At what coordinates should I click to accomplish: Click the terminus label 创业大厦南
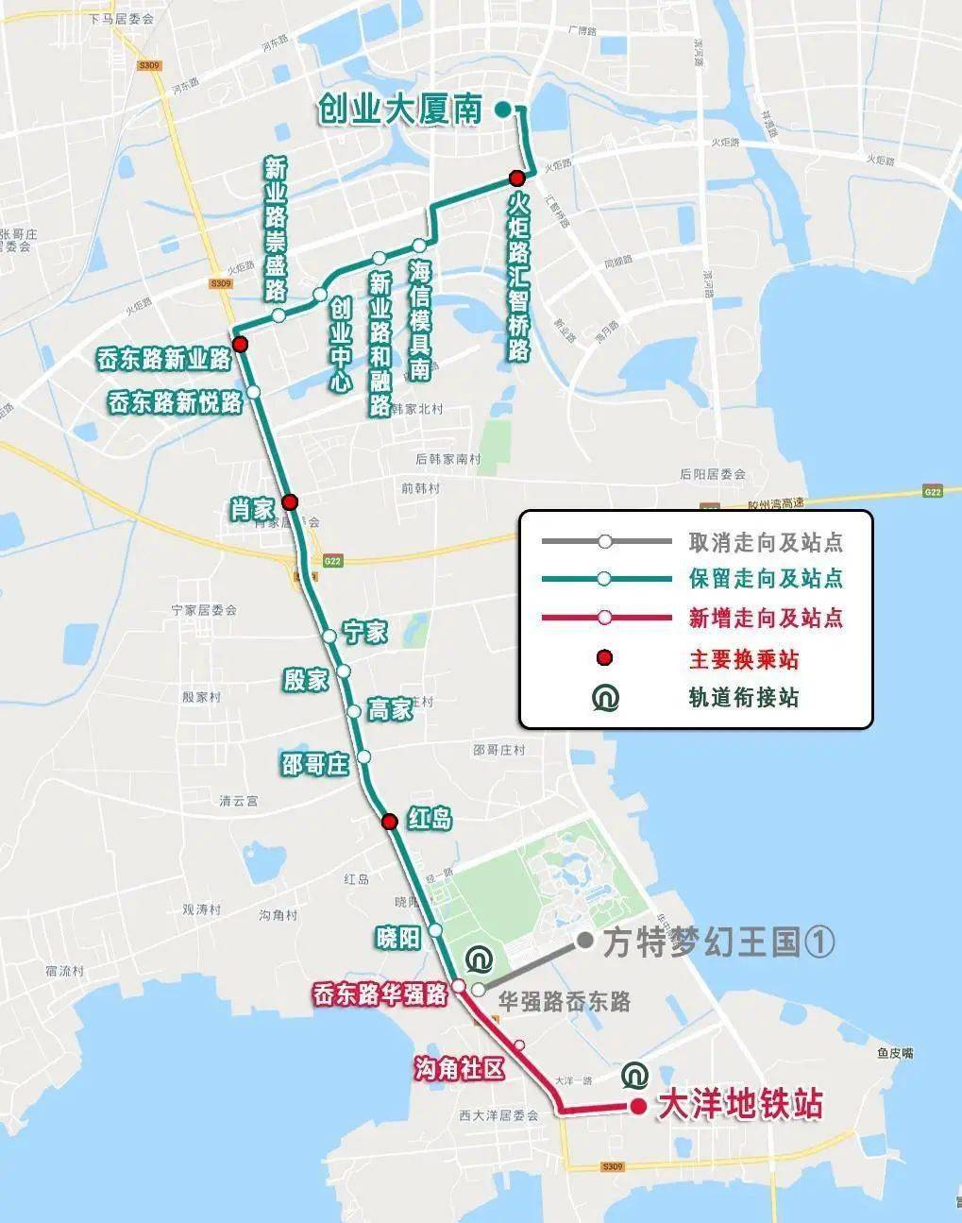tap(400, 110)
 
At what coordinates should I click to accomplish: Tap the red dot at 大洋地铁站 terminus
tap(638, 1107)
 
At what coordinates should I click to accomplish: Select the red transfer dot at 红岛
tap(389, 822)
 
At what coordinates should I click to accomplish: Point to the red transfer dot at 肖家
tap(290, 501)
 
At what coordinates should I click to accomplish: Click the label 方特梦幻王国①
tap(719, 942)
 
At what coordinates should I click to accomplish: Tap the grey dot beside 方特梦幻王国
tap(585, 941)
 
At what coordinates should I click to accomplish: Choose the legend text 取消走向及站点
tap(765, 542)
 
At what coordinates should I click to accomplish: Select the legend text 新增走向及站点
tap(765, 619)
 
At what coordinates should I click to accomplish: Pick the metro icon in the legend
tap(605, 698)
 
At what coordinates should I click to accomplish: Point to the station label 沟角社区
tap(460, 1068)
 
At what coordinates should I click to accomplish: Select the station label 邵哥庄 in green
tap(314, 763)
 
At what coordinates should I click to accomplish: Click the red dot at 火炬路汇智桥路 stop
tap(516, 178)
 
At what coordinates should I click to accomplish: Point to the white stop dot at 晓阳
tap(436, 930)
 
